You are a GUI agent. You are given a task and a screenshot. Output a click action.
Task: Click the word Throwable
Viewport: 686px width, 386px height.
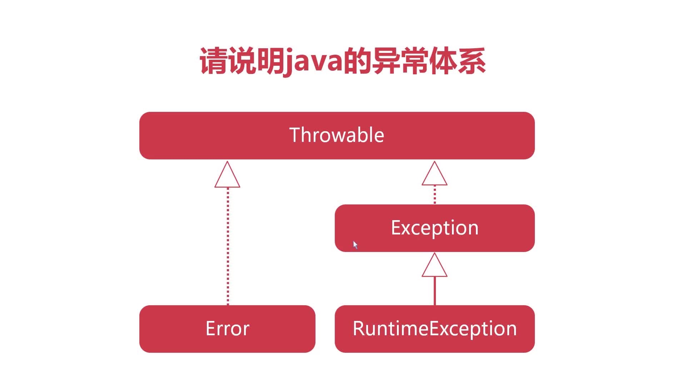point(337,135)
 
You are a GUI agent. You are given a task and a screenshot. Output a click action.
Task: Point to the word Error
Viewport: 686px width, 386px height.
point(227,328)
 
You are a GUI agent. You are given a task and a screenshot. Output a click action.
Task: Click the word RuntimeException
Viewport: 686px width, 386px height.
point(434,328)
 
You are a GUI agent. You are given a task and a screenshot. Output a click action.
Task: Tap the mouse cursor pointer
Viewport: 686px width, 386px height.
point(355,245)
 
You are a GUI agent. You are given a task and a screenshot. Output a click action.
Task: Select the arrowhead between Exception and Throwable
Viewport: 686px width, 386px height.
point(434,175)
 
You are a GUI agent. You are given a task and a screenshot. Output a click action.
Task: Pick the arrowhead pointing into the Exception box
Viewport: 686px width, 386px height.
point(434,266)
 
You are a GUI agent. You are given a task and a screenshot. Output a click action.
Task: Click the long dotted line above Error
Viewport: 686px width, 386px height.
point(228,247)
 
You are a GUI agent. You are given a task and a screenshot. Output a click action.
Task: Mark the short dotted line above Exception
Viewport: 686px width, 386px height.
point(434,195)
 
